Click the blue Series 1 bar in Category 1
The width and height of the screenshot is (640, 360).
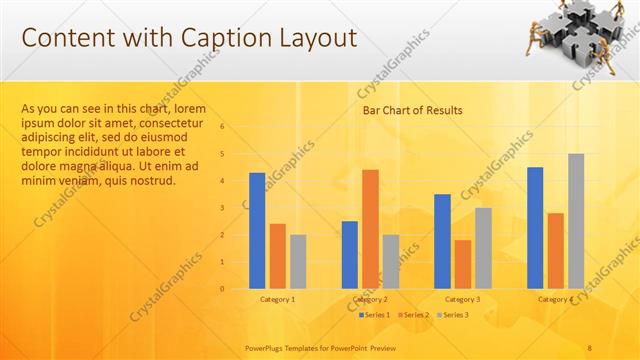click(x=257, y=231)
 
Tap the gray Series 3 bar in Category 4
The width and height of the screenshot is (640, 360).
click(x=576, y=221)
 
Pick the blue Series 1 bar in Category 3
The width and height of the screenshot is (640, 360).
click(x=442, y=241)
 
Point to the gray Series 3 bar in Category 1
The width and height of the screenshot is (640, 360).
click(x=298, y=262)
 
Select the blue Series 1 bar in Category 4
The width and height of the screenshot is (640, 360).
click(x=535, y=228)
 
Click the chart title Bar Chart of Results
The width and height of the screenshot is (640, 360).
click(x=412, y=111)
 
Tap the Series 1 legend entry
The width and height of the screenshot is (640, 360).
click(x=374, y=315)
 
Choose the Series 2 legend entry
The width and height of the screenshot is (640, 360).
click(x=414, y=315)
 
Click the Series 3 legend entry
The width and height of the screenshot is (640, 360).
click(x=453, y=315)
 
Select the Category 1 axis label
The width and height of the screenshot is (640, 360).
click(x=277, y=299)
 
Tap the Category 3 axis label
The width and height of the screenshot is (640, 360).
click(x=463, y=299)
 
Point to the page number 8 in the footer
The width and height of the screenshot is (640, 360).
click(x=590, y=346)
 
